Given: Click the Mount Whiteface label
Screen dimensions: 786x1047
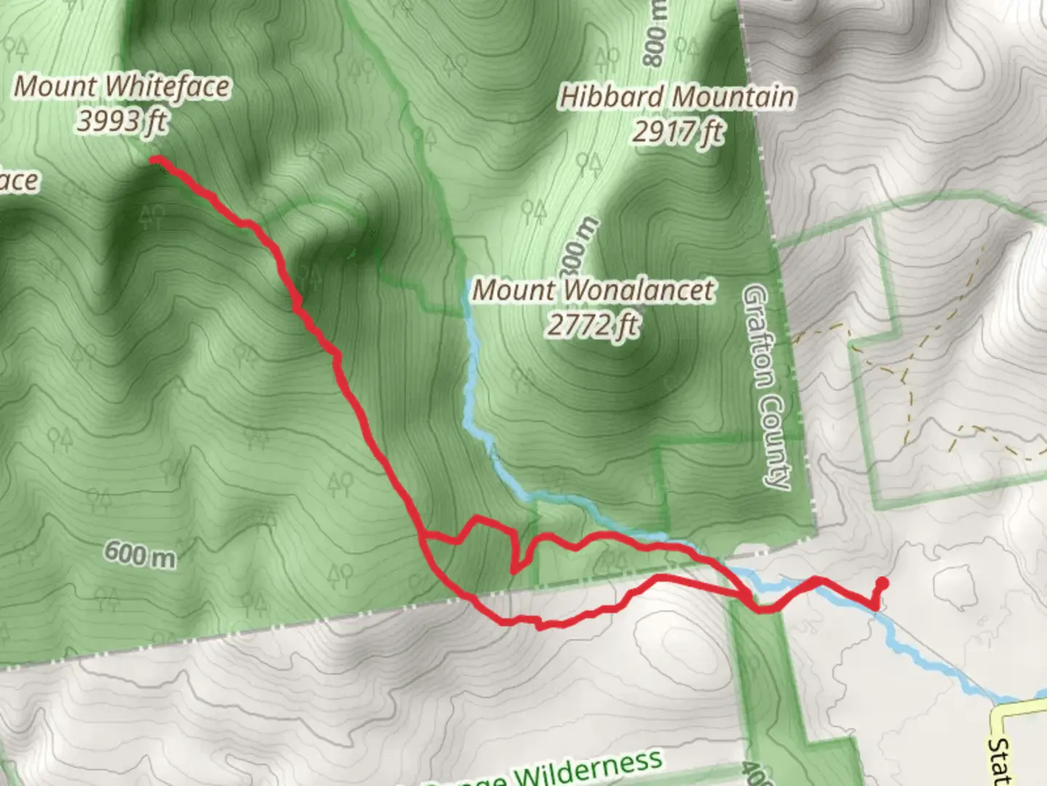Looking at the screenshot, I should point(122,87).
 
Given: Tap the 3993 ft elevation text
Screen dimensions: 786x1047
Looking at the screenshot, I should point(122,121).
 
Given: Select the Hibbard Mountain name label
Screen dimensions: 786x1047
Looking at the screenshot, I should point(676,97).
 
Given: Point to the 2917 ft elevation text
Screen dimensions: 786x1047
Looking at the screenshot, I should point(678,132).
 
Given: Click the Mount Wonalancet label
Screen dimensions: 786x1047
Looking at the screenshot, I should point(593,290).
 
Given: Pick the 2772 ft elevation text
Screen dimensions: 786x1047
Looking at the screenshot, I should point(593,325).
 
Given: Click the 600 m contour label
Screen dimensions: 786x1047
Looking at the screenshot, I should point(140,555).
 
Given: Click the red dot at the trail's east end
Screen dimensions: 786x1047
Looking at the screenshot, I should point(883,582).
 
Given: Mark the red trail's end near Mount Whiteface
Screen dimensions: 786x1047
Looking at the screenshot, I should point(156,160).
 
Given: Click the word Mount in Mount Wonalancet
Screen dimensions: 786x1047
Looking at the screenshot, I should point(513,290).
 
